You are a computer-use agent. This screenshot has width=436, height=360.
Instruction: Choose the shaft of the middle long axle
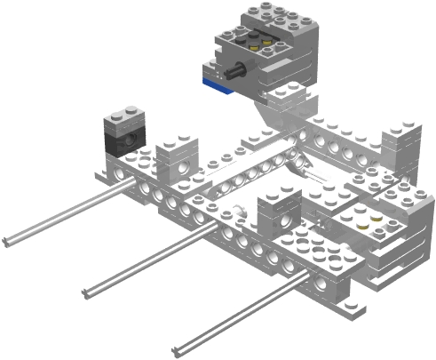151,258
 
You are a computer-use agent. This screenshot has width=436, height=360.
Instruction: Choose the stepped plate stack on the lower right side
400,253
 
